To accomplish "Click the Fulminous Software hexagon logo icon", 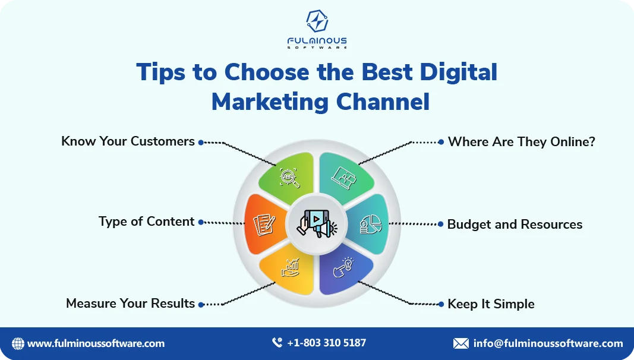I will (x=317, y=21).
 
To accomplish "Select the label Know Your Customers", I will (x=128, y=141).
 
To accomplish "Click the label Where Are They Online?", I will (x=521, y=142).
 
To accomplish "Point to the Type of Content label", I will (x=146, y=222).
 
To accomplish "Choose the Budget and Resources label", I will (x=515, y=225).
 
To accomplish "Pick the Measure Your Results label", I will (x=130, y=304).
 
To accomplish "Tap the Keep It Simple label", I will (x=491, y=304).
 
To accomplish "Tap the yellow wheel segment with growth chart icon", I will (x=289, y=270).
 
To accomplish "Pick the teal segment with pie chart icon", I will (x=371, y=225).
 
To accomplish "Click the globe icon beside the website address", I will (x=18, y=343).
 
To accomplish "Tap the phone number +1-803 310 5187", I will (x=326, y=343).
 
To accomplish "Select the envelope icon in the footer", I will (x=460, y=343).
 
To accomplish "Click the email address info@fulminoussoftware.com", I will (x=548, y=343).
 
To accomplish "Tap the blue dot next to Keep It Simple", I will (x=441, y=304).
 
